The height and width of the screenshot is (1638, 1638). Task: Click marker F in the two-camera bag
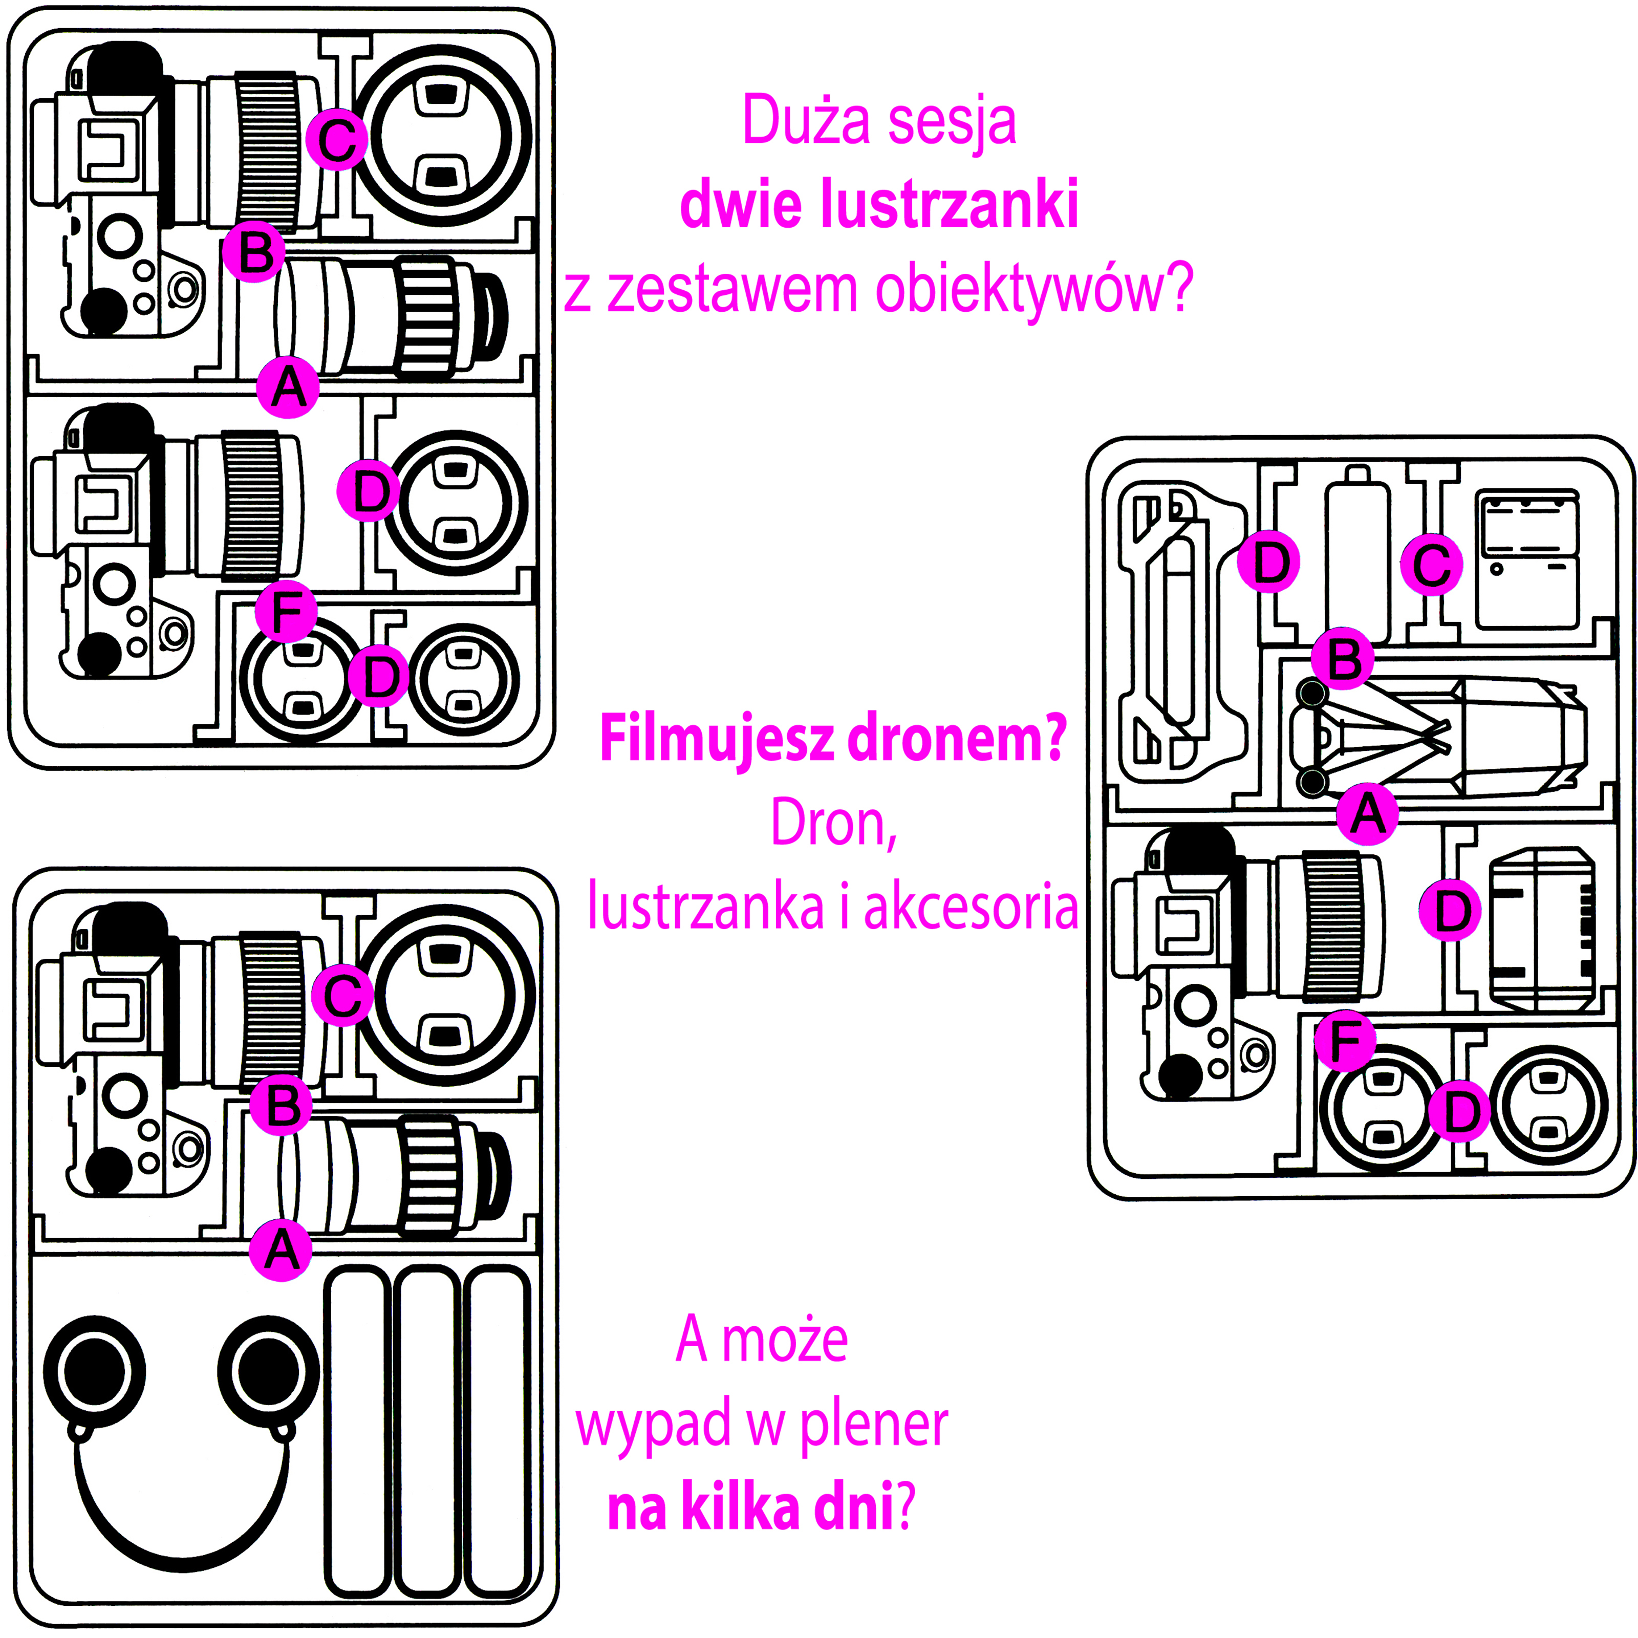287,611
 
